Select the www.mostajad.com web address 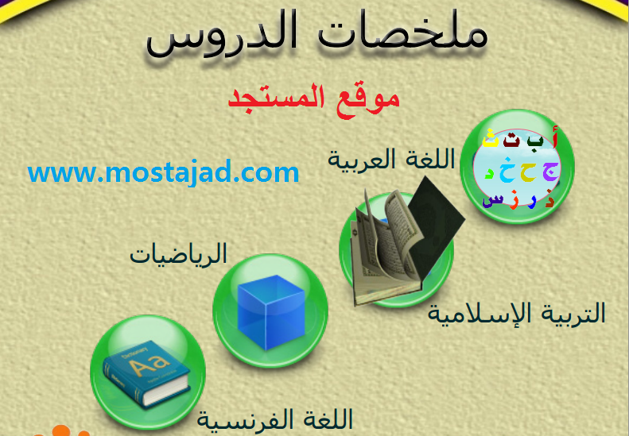[163, 172]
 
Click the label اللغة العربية [391, 159]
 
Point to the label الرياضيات [178, 254]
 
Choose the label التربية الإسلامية [516, 313]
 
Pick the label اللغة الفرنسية [275, 419]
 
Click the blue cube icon [271, 311]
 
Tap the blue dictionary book [146, 373]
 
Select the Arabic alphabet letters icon [518, 166]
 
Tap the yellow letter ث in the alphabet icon [490, 138]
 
